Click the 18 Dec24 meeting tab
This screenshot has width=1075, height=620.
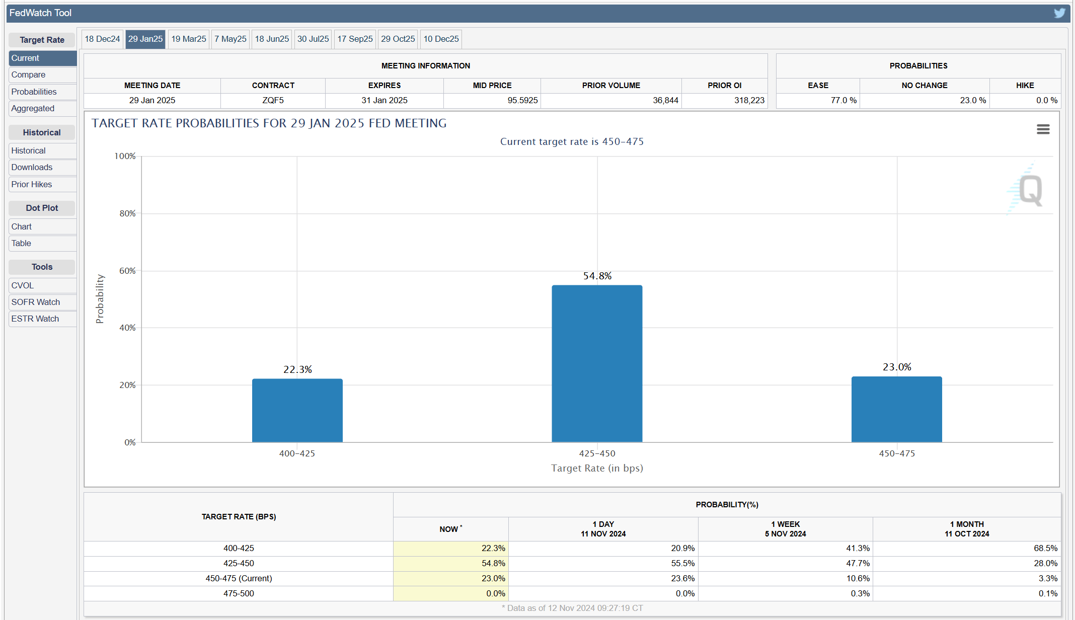(x=102, y=39)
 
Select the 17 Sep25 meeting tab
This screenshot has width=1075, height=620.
(x=355, y=39)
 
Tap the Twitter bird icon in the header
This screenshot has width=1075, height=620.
(x=1059, y=13)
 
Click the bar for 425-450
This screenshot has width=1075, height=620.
(x=597, y=363)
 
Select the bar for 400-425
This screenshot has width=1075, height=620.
(x=297, y=410)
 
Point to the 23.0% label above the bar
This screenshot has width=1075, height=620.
(x=897, y=367)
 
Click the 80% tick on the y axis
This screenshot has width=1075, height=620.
(x=127, y=213)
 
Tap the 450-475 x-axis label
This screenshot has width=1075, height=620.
(x=897, y=453)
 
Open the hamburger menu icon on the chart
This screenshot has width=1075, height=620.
(x=1043, y=129)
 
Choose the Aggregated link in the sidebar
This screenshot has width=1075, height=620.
(x=33, y=108)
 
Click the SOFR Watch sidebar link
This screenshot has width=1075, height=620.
(x=36, y=302)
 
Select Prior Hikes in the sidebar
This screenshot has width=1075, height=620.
(x=32, y=184)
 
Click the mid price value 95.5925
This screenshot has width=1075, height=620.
(x=522, y=100)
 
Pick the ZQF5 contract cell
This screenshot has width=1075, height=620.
(x=273, y=100)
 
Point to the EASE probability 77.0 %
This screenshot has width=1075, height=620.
(x=843, y=100)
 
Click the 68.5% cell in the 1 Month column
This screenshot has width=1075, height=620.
(x=1045, y=548)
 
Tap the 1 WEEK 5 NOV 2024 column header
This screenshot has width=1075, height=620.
(x=785, y=529)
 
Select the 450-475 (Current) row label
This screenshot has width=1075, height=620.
(x=239, y=578)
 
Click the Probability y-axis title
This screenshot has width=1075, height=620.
(x=100, y=299)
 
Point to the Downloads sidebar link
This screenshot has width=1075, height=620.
(x=32, y=167)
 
